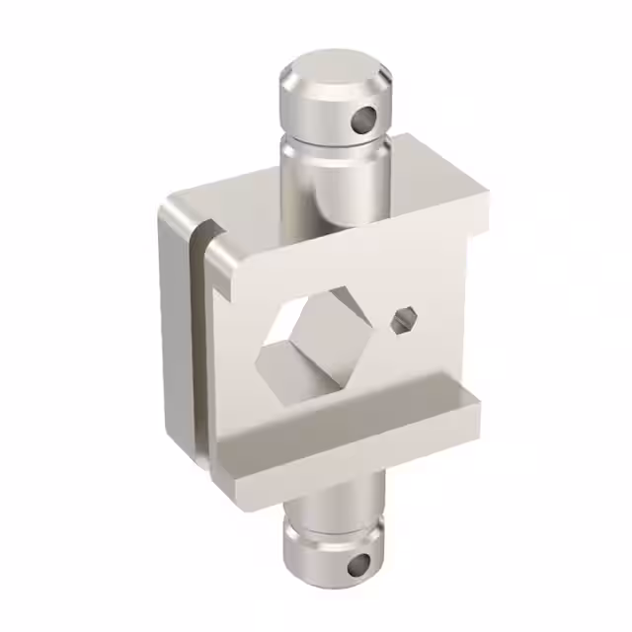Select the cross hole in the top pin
pyautogui.click(x=364, y=118)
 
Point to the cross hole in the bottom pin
pyautogui.click(x=356, y=566)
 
